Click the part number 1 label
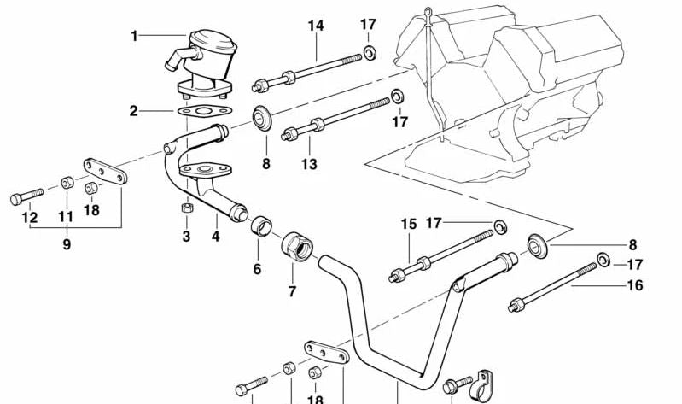pos(134,36)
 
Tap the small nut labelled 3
pos(187,208)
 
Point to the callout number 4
pos(216,237)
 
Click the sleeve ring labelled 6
pos(261,225)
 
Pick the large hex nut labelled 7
pos(298,246)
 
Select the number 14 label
pos(316,26)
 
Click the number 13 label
pos(309,164)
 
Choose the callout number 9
pos(67,244)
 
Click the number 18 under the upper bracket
pos(91,210)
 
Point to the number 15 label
pos(408,224)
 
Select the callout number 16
pos(635,285)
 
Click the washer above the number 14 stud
pos(370,53)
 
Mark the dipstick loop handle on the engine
pos(428,11)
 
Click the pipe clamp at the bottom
pos(481,386)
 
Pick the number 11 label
pos(66,216)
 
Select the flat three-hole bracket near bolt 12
pos(105,171)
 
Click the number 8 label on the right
pos(632,245)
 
